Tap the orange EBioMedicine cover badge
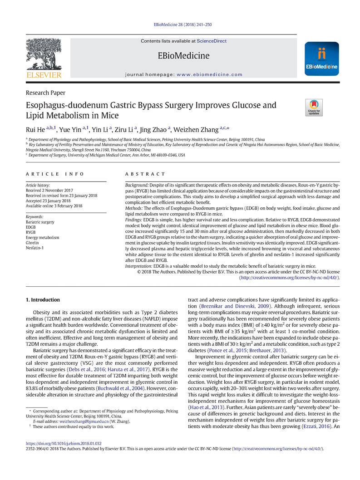(322, 59)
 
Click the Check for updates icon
(314, 107)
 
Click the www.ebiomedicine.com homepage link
(209, 74)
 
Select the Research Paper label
(45, 93)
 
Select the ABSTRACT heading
(145, 174)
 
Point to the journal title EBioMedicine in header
(183, 56)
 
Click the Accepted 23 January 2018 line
(49, 201)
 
